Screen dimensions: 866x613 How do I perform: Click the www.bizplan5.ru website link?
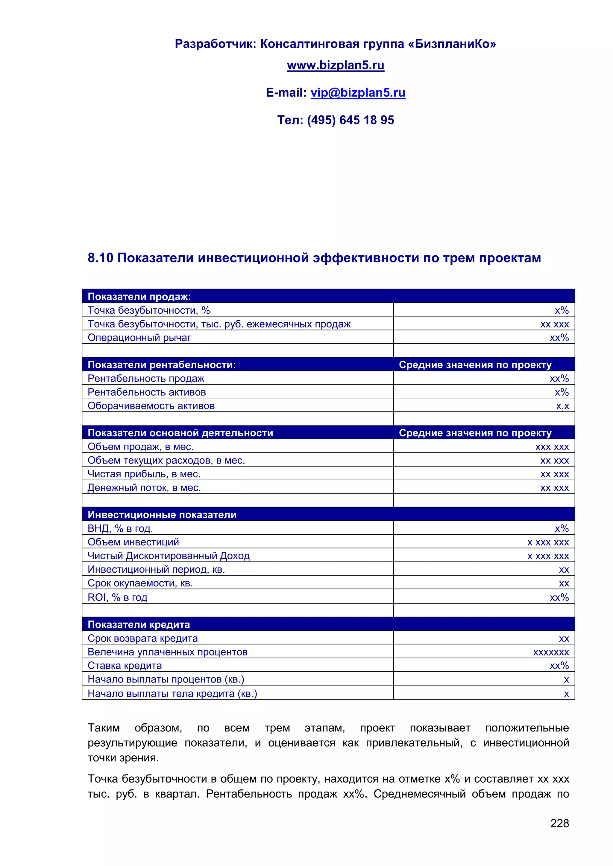tap(335, 65)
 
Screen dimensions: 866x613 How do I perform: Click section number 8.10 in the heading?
tap(100, 258)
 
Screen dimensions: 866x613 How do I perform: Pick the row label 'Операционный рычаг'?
tap(139, 338)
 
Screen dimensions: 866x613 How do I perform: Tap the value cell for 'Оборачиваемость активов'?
tap(562, 406)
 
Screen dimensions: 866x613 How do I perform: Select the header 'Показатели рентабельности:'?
tap(162, 365)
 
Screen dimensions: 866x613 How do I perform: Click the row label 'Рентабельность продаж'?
tap(146, 378)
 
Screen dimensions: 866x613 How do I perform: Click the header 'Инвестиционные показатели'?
tap(162, 515)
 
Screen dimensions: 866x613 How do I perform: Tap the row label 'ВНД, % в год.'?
tap(120, 528)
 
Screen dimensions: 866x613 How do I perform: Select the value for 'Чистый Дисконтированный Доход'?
tap(548, 556)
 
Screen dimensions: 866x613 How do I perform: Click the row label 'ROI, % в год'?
tap(117, 597)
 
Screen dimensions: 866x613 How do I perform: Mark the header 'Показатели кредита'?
tap(139, 625)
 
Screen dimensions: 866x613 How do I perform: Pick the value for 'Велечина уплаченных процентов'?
tap(551, 652)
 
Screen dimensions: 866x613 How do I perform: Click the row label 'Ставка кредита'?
tap(125, 666)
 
